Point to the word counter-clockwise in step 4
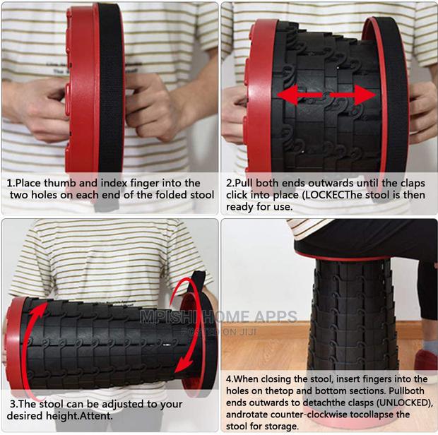point(312,415)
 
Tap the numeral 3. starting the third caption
point(13,405)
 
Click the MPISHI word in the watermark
point(170,316)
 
